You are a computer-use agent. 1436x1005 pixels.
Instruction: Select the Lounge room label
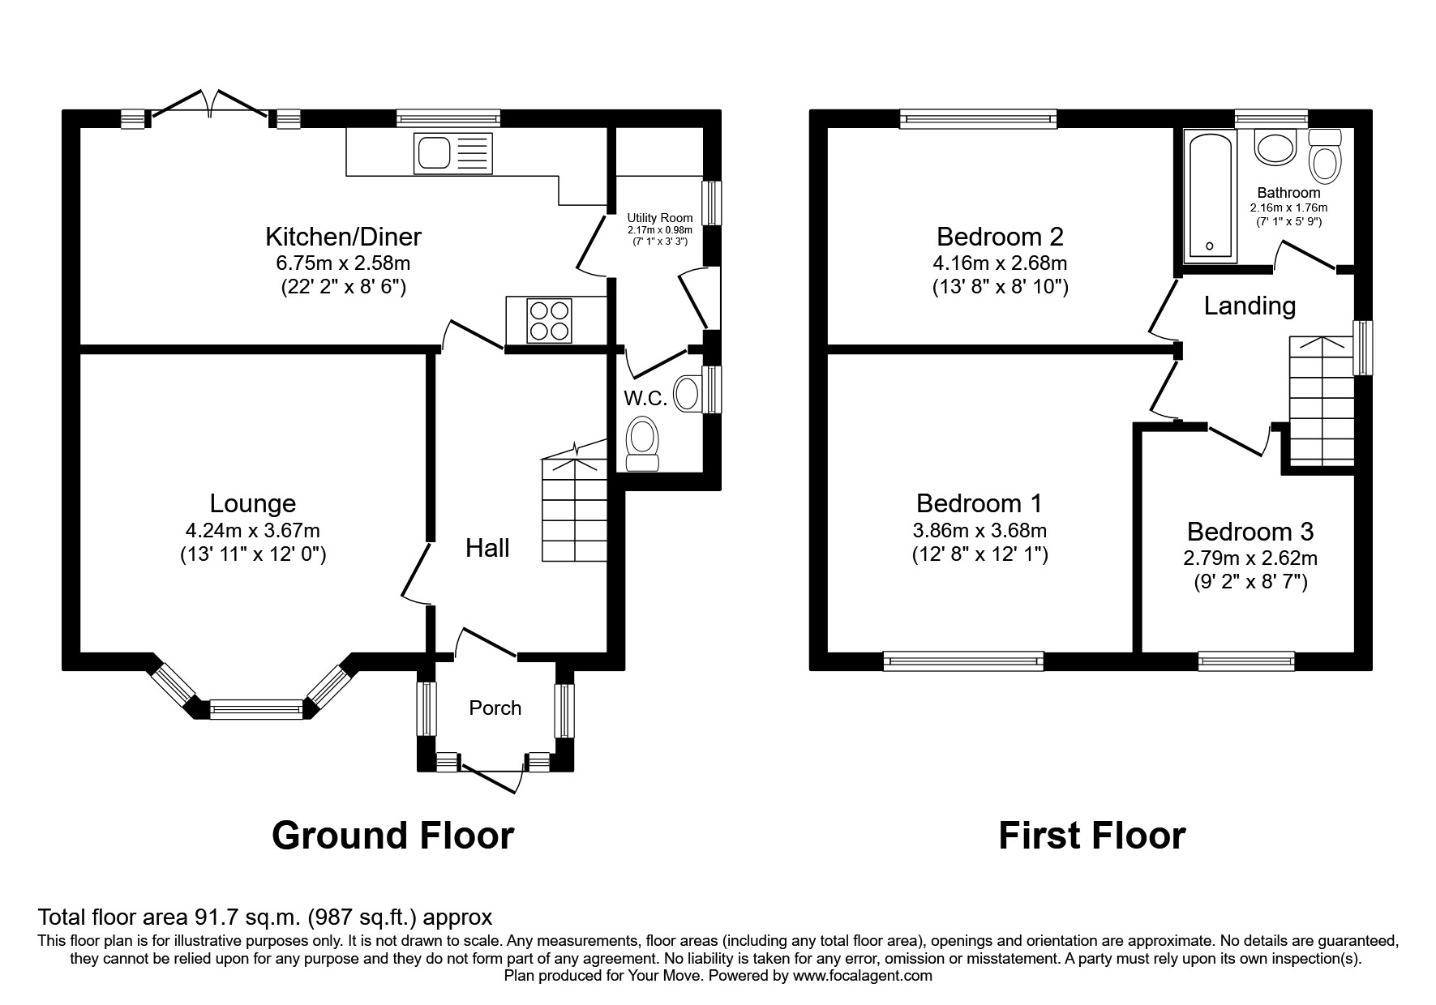point(252,503)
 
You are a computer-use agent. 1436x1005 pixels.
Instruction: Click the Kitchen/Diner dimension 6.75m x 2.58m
point(343,263)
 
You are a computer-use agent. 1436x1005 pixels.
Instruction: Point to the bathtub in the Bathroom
point(1210,198)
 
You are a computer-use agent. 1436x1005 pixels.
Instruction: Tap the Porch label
point(495,708)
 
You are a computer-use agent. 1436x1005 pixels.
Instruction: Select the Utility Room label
point(660,218)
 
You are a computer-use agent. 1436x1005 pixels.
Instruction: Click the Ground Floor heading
point(392,835)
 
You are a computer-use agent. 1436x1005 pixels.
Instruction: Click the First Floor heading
point(1091,835)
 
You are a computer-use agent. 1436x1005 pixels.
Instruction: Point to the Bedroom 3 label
point(1250,532)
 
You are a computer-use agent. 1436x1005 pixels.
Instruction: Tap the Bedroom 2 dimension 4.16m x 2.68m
point(1000,263)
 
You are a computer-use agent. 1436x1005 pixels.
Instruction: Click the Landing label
point(1250,306)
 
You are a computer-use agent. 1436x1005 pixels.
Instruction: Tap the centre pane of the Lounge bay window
point(255,710)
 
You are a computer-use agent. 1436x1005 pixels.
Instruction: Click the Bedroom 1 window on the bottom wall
point(963,661)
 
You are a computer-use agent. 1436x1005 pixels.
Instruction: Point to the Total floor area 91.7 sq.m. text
point(265,917)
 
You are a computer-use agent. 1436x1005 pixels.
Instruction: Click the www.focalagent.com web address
point(862,976)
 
